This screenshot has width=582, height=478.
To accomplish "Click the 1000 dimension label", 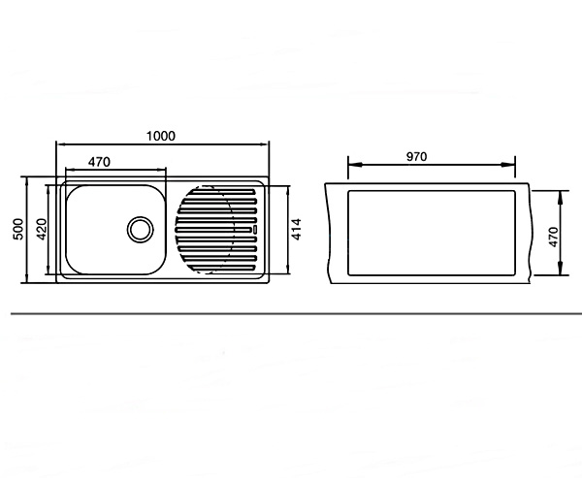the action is (161, 136).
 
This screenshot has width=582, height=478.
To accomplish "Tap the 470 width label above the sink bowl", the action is (99, 162).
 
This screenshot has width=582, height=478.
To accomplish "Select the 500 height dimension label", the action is (18, 229).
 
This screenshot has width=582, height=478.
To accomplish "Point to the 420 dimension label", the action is (42, 230).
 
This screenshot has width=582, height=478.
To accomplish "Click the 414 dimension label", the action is (296, 230).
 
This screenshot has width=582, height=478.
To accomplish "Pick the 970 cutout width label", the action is (416, 157).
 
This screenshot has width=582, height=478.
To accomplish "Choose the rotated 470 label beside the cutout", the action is (553, 237).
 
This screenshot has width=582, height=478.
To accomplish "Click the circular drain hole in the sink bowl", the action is (141, 230).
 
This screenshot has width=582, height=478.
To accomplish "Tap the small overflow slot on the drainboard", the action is (255, 230).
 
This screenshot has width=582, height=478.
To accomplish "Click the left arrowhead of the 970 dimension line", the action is (354, 165).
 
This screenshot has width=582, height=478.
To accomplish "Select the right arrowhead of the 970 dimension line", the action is (509, 165).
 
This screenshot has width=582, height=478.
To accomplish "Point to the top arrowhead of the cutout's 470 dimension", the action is (560, 197).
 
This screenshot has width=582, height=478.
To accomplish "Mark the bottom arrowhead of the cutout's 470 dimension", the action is (560, 270).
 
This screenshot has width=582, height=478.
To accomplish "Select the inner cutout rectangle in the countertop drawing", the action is (432, 233).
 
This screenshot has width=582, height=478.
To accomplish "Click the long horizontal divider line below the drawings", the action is (296, 313).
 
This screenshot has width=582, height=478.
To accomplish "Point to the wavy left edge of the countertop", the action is (328, 233).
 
